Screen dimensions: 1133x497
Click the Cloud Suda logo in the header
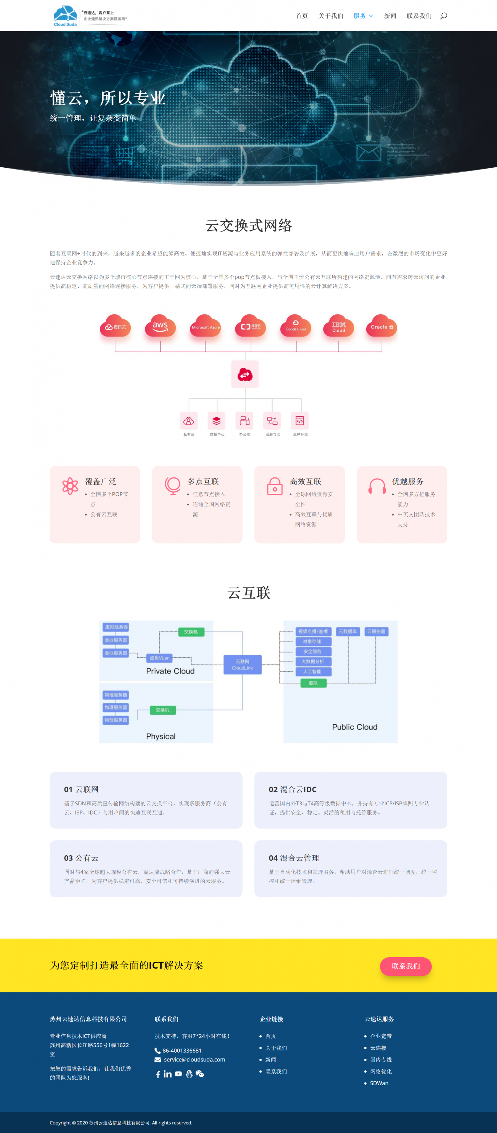click(65, 15)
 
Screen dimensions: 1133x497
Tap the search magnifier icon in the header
click(443, 16)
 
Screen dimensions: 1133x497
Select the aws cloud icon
click(160, 326)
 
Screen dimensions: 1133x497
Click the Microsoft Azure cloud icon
click(205, 326)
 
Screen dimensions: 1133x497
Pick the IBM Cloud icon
click(338, 326)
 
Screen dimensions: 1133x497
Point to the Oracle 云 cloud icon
click(381, 326)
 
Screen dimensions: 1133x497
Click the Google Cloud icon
click(296, 326)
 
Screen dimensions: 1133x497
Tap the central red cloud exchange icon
click(245, 374)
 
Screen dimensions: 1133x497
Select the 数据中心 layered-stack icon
click(216, 421)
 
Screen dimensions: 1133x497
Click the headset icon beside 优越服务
click(377, 486)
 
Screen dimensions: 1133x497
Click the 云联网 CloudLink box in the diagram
click(242, 665)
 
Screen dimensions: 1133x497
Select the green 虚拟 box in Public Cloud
click(313, 683)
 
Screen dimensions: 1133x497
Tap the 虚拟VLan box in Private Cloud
click(159, 658)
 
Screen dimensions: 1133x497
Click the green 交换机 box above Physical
click(162, 710)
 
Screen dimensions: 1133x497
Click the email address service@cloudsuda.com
click(195, 1060)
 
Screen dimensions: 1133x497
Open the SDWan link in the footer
click(379, 1083)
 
